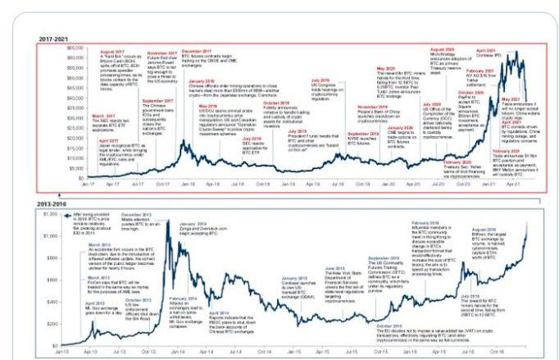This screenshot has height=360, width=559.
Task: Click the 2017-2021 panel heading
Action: [x=52, y=39]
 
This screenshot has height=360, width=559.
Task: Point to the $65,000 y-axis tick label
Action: [x=74, y=48]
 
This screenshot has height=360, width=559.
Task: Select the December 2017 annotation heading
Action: [x=216, y=51]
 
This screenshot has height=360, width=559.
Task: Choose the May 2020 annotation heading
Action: [x=386, y=69]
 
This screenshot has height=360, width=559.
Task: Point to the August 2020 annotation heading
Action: [x=442, y=51]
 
